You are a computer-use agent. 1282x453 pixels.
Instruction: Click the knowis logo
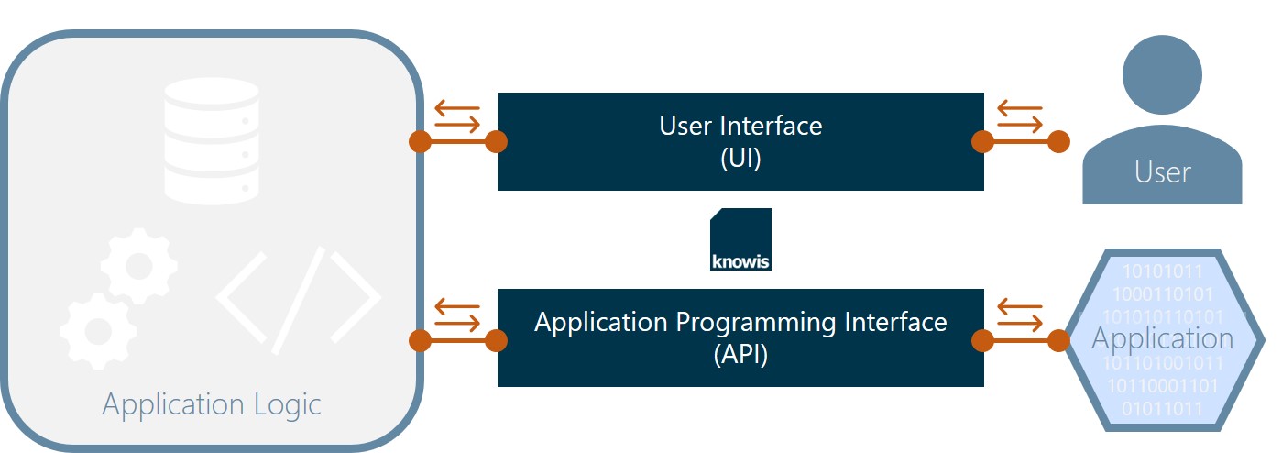coord(740,239)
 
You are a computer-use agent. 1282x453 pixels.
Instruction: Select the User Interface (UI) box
coord(740,141)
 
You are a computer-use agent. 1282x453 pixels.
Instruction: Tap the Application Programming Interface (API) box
coord(740,337)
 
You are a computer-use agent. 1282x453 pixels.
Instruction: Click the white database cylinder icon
coord(211,139)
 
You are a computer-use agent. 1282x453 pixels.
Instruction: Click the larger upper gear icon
coord(139,265)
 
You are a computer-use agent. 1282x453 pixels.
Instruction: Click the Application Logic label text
coord(212,404)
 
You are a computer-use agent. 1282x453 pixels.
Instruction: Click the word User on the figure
coord(1162,172)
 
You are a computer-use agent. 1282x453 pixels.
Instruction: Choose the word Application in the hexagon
coord(1162,338)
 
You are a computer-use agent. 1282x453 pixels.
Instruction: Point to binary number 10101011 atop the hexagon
coord(1162,272)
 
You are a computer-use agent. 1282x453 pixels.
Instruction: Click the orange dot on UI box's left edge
coord(497,142)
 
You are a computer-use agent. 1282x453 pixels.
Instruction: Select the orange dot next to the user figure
coord(1058,142)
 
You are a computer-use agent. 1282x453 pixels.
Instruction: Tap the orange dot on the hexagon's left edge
coord(1058,341)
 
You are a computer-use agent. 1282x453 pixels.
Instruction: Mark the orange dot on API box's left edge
coord(497,341)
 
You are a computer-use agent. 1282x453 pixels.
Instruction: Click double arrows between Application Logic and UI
coord(457,116)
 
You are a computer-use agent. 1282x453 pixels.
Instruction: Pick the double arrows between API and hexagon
coord(1019,315)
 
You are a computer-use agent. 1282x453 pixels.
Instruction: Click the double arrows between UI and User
coord(1019,116)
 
